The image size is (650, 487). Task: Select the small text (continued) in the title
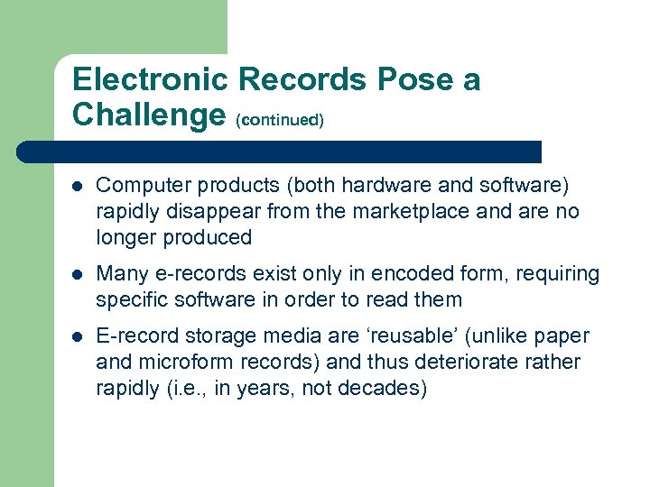pyautogui.click(x=279, y=119)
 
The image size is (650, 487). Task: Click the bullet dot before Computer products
pyautogui.click(x=78, y=186)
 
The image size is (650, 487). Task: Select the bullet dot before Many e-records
pyautogui.click(x=78, y=274)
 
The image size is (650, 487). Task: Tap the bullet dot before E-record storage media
pyautogui.click(x=78, y=337)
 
